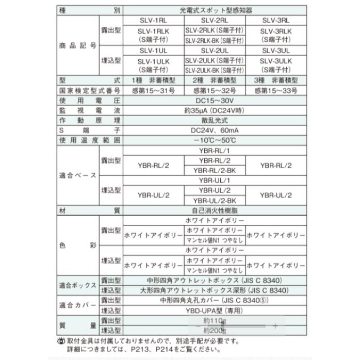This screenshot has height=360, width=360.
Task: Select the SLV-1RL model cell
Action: (153, 21)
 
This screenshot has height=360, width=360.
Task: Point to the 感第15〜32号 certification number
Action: (214, 91)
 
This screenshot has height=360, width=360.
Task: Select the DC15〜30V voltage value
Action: (214, 101)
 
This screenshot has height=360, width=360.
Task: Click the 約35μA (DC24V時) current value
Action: (214, 110)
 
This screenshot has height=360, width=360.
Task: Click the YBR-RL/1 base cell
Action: (214, 150)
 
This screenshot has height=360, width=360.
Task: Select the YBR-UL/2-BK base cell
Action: (214, 200)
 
